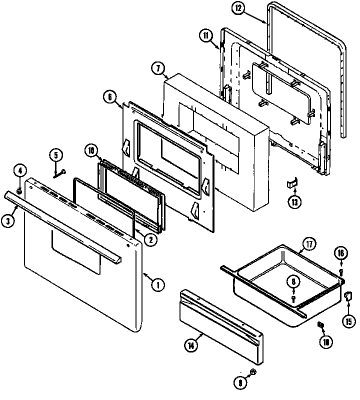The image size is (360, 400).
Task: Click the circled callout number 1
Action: point(157,285)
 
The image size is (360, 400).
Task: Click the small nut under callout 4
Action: point(19,190)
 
